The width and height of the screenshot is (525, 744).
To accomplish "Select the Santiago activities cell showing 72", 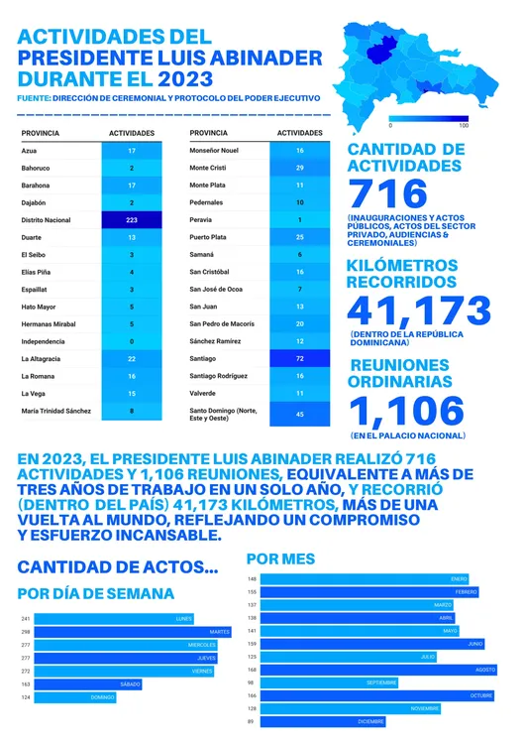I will coord(299,357).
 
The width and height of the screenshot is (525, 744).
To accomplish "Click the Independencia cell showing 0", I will coord(132,340).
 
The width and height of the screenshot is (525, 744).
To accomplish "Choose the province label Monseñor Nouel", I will coord(213,150).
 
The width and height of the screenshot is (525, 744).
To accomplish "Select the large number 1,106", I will coord(406,410).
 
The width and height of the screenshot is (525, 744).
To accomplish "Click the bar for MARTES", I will coord(133,632).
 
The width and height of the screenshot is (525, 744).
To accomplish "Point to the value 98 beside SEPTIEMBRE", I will coord(252,682).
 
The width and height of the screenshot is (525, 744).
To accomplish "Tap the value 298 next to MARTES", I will coord(26,632).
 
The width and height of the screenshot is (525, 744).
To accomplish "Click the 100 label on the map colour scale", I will coord(464,125).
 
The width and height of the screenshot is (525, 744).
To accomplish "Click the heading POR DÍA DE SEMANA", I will coord(96,593).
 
